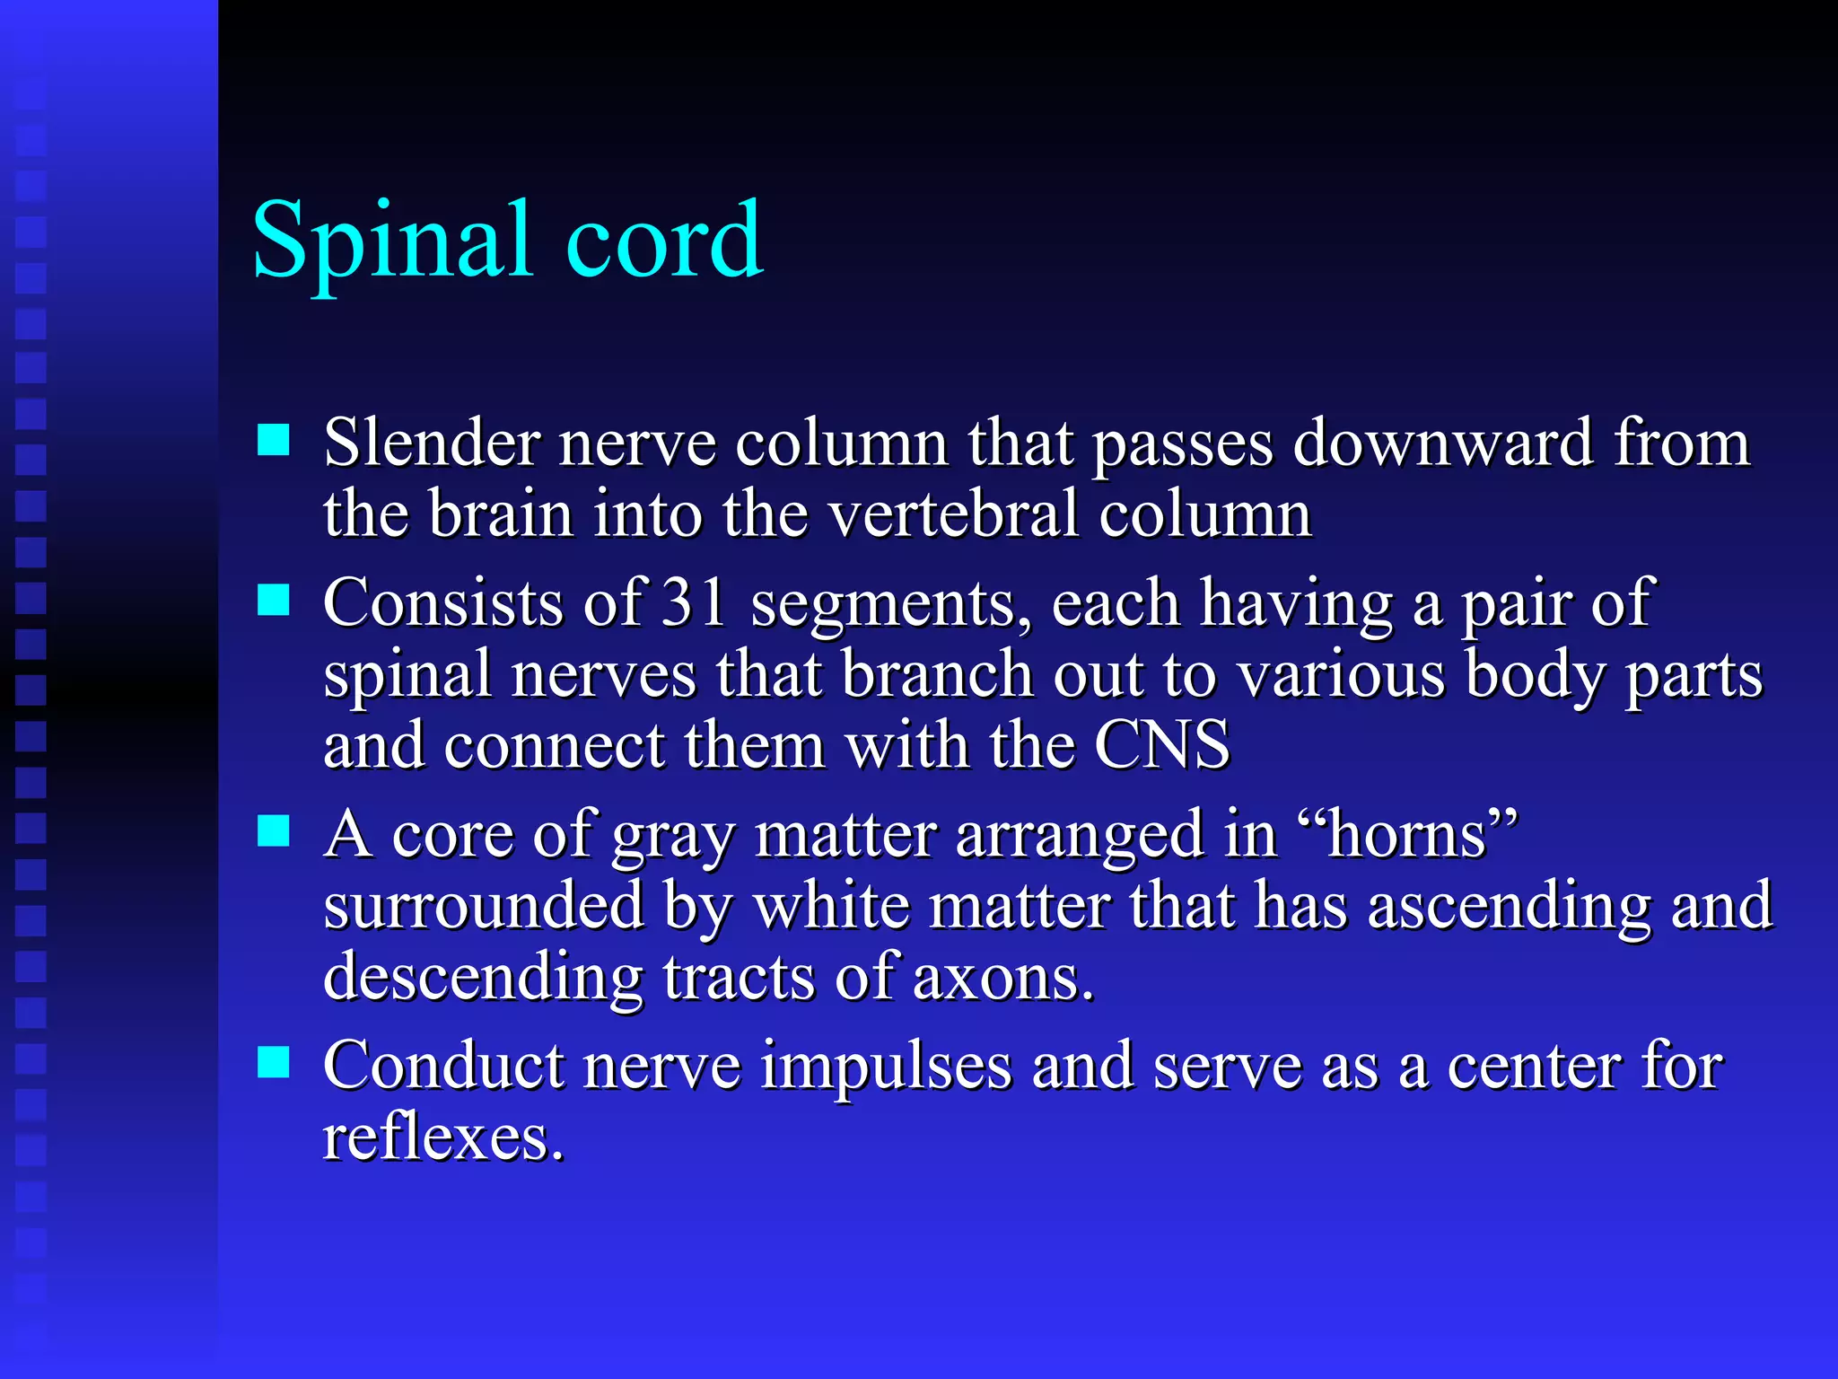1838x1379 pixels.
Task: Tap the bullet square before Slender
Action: (x=273, y=441)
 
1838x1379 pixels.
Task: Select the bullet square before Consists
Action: (x=273, y=600)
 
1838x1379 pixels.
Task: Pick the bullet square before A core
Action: (x=273, y=831)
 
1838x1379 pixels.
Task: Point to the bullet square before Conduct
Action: (x=273, y=1062)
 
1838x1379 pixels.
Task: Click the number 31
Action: (x=694, y=602)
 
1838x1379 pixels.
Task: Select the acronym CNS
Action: (x=1161, y=745)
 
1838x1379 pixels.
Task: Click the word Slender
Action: (x=430, y=443)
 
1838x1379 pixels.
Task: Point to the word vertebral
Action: (x=952, y=514)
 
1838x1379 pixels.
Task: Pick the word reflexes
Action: (x=442, y=1137)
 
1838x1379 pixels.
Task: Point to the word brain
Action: (x=501, y=514)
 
